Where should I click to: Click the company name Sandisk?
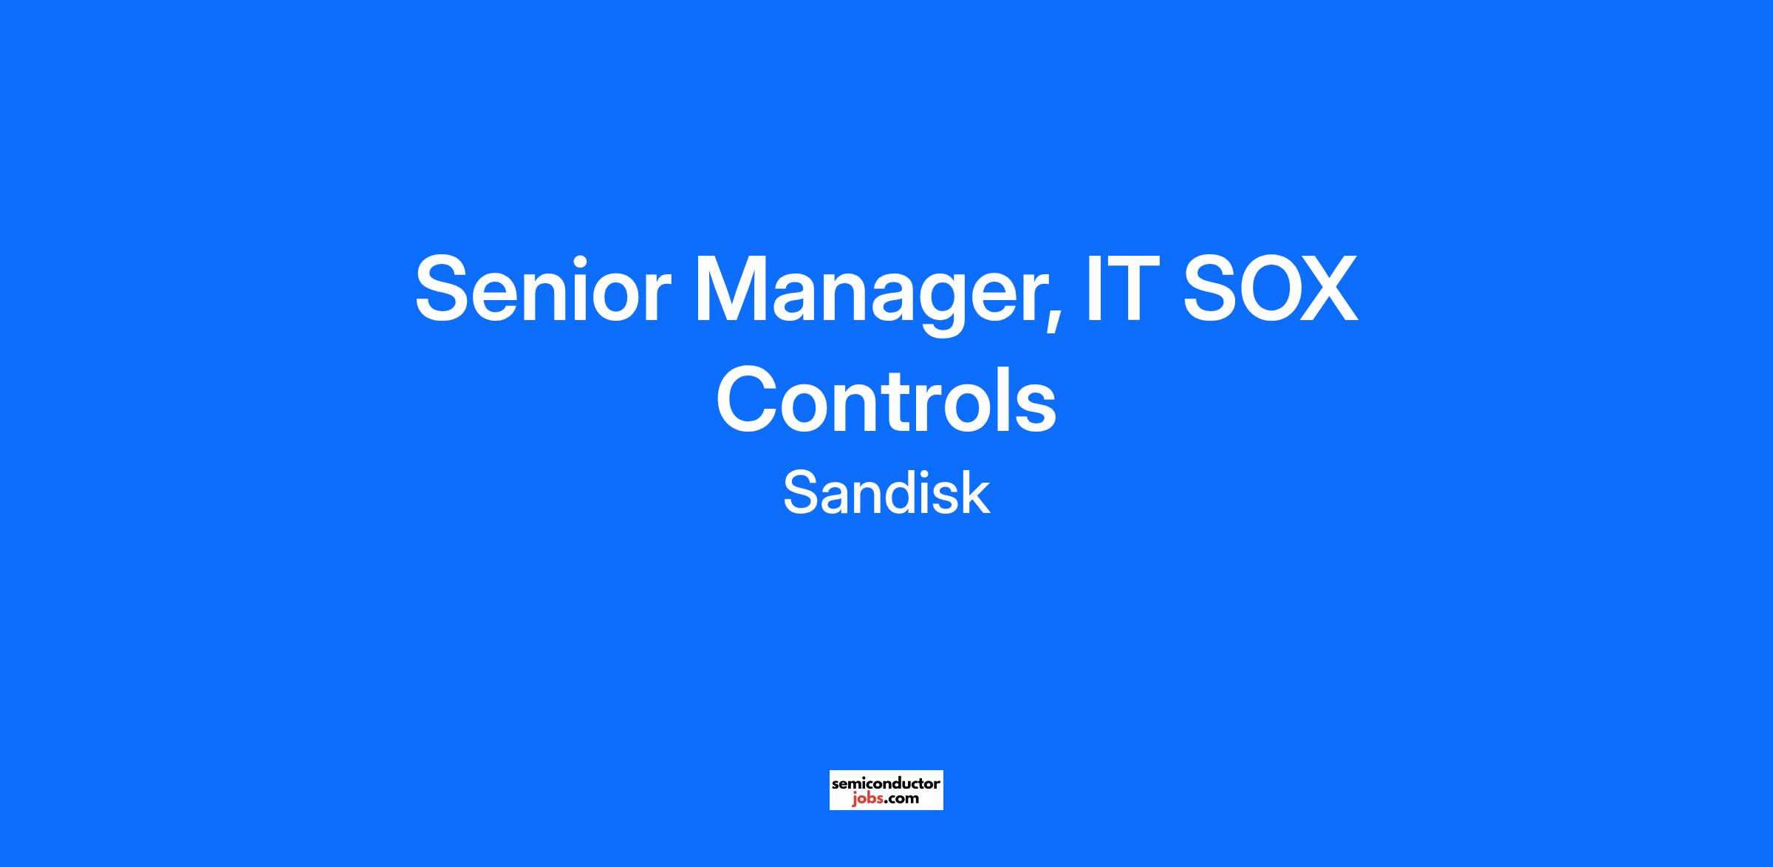tap(886, 493)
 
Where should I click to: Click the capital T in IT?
tap(1127, 289)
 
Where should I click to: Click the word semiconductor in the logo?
tap(886, 783)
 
